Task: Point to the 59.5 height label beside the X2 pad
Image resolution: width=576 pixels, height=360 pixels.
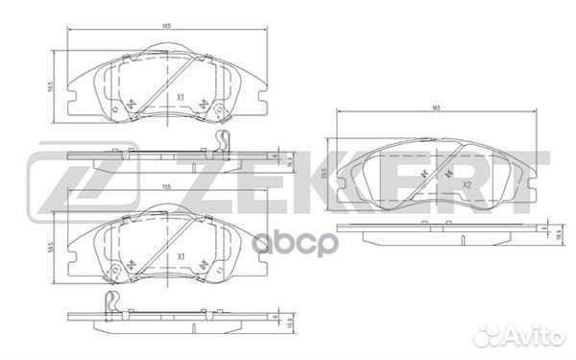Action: pyautogui.click(x=325, y=175)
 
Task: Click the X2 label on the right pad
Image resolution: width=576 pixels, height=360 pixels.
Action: pyautogui.click(x=468, y=184)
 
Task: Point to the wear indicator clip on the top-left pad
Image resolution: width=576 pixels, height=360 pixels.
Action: pyautogui.click(x=223, y=145)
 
